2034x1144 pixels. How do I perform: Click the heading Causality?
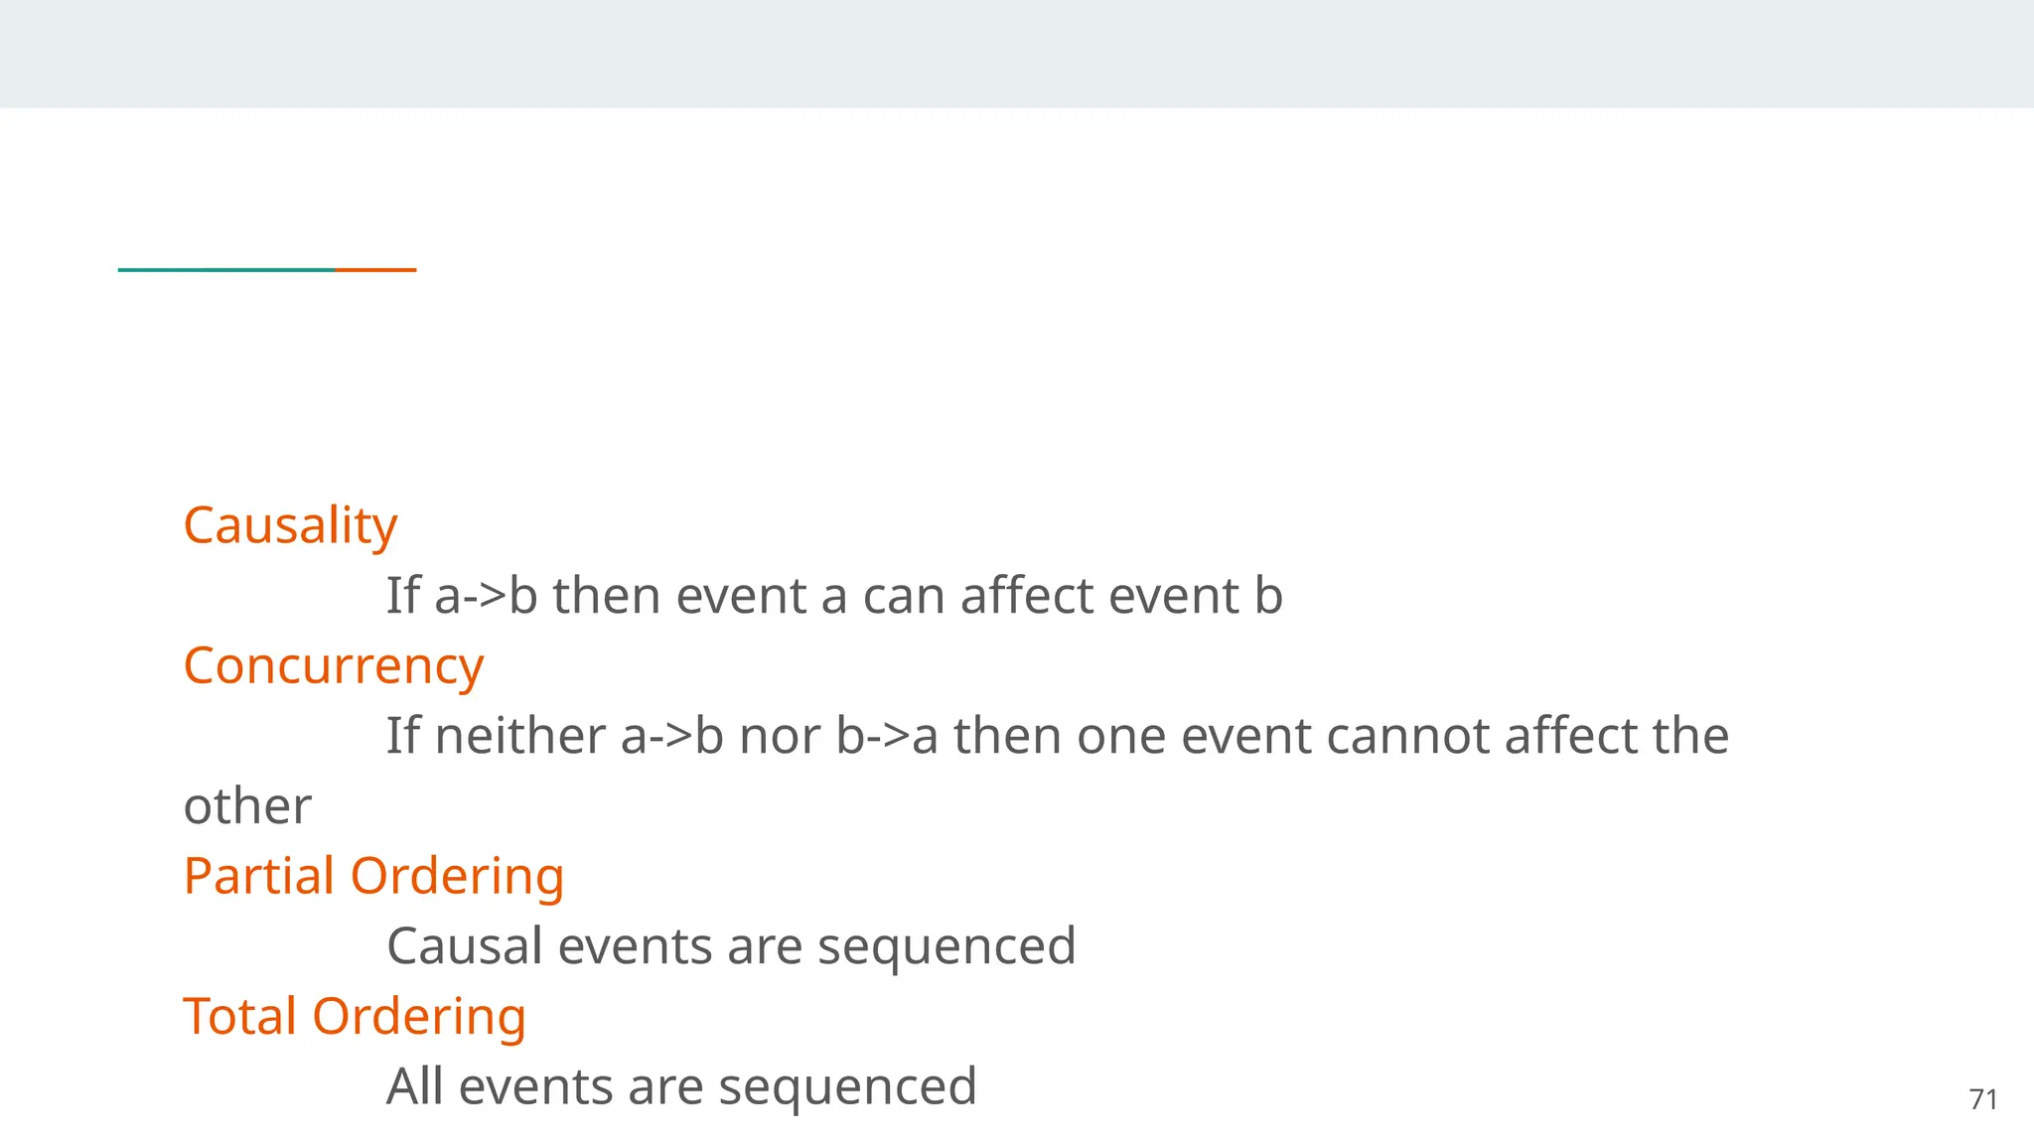(290, 525)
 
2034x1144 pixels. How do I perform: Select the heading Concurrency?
(333, 665)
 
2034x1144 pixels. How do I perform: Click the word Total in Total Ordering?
(239, 1016)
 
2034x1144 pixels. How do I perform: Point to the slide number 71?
(1983, 1099)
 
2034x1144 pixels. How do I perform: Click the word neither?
(520, 736)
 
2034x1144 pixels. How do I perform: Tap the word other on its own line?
(247, 805)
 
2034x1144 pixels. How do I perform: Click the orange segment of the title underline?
(375, 269)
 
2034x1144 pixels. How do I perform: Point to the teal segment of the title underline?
(226, 269)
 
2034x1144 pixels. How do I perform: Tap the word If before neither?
(402, 736)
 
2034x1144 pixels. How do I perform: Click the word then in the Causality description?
(606, 596)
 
